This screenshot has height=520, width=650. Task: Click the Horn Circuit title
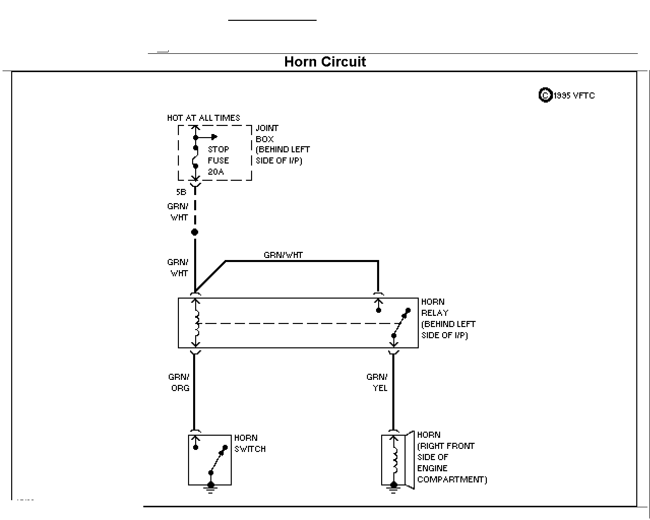coord(325,61)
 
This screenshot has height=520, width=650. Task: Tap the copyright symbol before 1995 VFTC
coord(545,95)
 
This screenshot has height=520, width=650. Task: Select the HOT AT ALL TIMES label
coord(204,118)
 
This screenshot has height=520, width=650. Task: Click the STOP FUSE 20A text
coord(219,160)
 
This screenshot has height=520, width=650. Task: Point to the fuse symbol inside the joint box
coord(196,157)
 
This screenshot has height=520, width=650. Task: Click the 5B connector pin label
coord(181,192)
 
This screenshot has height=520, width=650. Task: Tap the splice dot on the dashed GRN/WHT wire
coord(195,232)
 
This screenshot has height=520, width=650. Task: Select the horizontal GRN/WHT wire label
coord(283,255)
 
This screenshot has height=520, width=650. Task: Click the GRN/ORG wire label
coord(179,382)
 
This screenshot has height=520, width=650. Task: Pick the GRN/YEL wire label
coord(377,382)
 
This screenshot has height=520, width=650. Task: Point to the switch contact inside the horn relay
coord(401,323)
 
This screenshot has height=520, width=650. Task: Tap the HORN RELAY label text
coord(448,318)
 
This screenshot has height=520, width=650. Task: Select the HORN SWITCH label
coord(250,443)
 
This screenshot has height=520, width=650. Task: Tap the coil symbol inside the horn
coord(395,460)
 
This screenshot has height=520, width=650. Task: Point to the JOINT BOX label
coord(267,134)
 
